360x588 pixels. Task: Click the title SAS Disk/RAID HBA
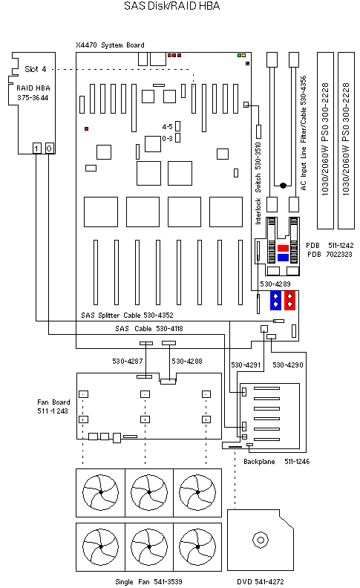[x=171, y=6]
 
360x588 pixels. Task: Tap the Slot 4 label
[x=35, y=69]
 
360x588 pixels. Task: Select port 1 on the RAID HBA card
[x=37, y=148]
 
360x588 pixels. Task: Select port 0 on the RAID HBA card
[x=50, y=148]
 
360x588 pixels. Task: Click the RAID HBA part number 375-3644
[x=33, y=98]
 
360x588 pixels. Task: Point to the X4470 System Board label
[x=110, y=45]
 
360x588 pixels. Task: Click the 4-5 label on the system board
[x=167, y=127]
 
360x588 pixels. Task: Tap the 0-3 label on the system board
[x=167, y=138]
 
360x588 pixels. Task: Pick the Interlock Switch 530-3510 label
[x=258, y=183]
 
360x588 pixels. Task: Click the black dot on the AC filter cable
[x=283, y=186]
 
